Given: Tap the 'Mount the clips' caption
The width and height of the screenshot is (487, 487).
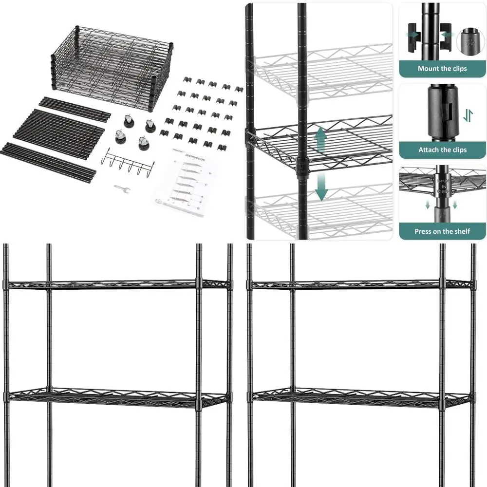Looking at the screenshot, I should [442, 69].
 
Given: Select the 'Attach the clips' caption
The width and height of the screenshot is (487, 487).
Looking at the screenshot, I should [442, 150].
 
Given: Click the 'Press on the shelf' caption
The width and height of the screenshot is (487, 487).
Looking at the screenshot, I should [442, 231].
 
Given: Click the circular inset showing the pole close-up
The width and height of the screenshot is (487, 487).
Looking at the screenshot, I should [469, 40].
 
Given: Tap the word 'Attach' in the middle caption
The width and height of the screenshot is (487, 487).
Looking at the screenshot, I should [429, 150].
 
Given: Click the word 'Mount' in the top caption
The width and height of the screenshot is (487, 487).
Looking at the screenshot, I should [428, 69].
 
